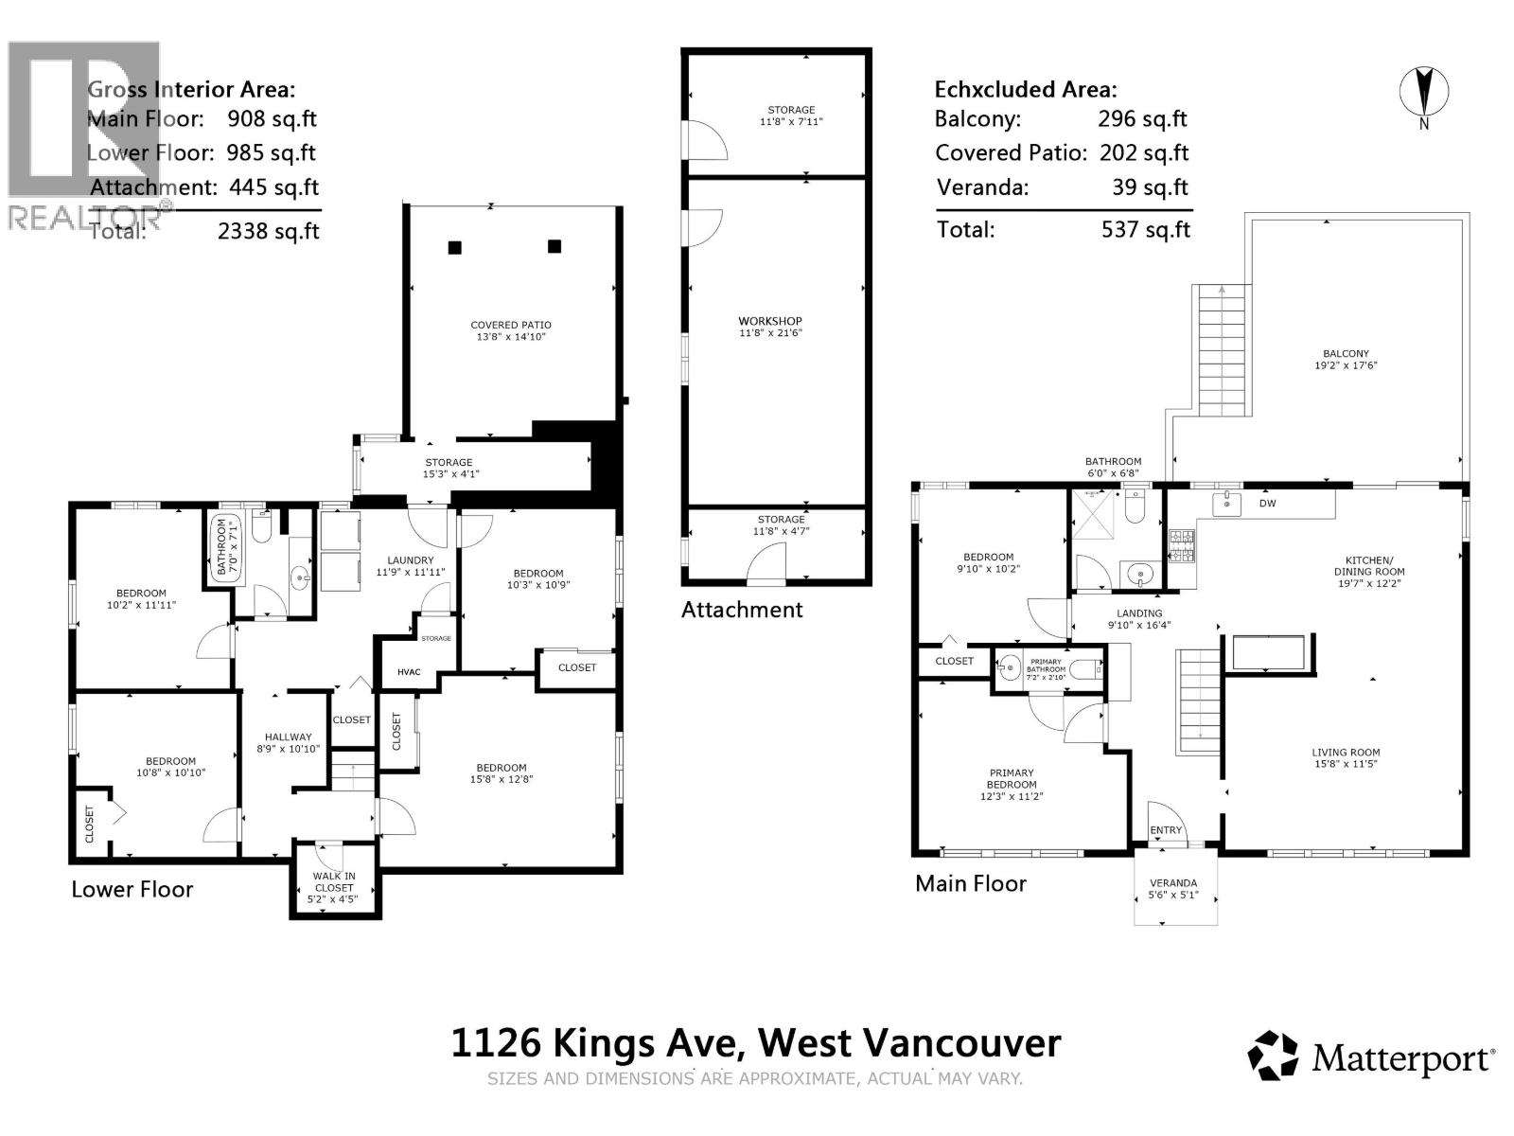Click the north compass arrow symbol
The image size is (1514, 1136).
(x=1424, y=93)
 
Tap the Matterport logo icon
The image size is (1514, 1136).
(x=1274, y=1056)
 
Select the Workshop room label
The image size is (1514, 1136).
(x=770, y=321)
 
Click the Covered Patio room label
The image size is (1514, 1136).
(x=511, y=325)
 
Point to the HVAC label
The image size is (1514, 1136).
(x=409, y=672)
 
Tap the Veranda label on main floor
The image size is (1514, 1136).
(x=1173, y=883)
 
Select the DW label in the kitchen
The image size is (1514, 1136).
(x=1267, y=504)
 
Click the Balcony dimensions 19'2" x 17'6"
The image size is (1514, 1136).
(x=1346, y=364)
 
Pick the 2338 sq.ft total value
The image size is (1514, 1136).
(x=269, y=231)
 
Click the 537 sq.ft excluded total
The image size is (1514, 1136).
(x=1145, y=229)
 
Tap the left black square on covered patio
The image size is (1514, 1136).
(x=455, y=248)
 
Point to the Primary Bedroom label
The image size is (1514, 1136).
(x=1012, y=778)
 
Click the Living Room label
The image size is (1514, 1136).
(x=1346, y=753)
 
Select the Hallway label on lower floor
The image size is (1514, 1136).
(x=288, y=737)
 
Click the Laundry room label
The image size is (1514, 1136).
(x=410, y=560)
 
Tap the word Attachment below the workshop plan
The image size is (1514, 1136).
(x=742, y=610)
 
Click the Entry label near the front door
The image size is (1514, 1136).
(x=1166, y=830)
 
